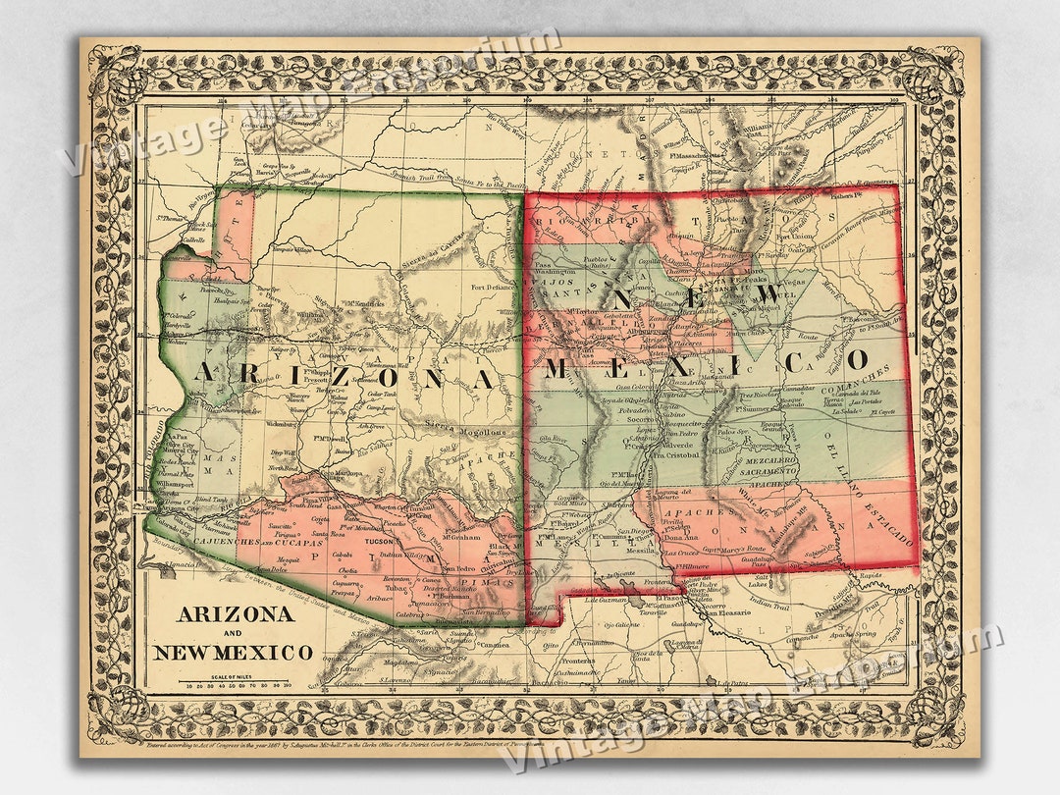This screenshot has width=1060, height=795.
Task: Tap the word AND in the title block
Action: coord(233,633)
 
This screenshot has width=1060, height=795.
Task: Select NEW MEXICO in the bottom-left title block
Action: coord(233,652)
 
